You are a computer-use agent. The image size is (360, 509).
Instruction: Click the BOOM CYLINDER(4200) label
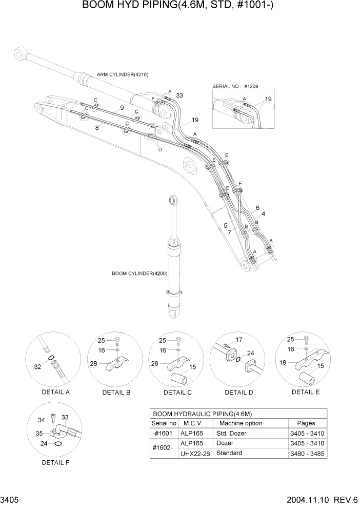pos(140,273)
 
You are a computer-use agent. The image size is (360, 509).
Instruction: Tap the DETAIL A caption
pos(55,393)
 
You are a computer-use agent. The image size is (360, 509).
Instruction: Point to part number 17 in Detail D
pos(238,340)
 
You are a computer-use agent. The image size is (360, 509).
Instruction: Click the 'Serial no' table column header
pos(164,423)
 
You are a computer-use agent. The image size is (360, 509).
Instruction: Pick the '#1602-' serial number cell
pos(164,448)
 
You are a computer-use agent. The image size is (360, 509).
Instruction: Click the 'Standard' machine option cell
pos(230,453)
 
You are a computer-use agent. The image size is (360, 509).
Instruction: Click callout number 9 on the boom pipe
pos(122,108)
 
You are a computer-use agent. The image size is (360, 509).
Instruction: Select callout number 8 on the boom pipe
pos(96,128)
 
